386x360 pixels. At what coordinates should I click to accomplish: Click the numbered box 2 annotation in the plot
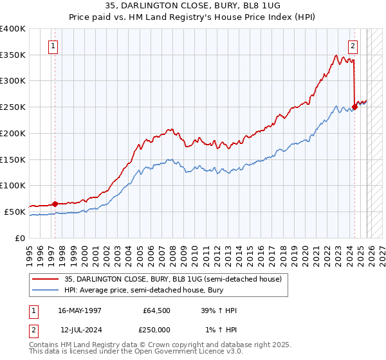(x=353, y=46)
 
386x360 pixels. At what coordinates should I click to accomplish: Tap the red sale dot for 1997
(x=55, y=204)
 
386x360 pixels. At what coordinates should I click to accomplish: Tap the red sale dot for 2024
(x=355, y=107)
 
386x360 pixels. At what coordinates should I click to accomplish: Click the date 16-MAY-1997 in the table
(x=79, y=310)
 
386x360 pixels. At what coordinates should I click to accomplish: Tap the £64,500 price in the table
(x=157, y=310)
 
